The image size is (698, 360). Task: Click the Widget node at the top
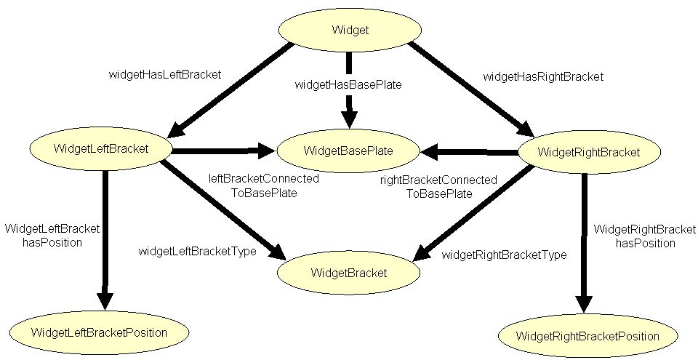(350, 30)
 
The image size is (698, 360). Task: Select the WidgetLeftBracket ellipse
(100, 149)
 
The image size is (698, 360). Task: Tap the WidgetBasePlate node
(348, 151)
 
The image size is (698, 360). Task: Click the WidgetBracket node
(349, 273)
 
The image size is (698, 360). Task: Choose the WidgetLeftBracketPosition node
(99, 332)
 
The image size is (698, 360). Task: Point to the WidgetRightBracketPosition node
(587, 336)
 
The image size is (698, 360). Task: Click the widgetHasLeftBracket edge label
(164, 73)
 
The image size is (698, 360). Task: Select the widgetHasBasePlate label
(348, 84)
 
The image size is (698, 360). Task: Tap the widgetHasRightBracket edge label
(543, 76)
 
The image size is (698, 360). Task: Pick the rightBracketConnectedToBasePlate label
(438, 186)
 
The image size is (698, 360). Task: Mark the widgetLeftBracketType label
(197, 251)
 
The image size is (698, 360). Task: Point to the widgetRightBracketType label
(504, 255)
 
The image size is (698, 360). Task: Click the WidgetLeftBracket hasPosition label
(52, 235)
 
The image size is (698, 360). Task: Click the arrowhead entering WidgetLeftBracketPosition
(105, 299)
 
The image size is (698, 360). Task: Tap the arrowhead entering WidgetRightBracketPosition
(584, 304)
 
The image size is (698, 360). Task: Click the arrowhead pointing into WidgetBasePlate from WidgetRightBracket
(430, 152)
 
